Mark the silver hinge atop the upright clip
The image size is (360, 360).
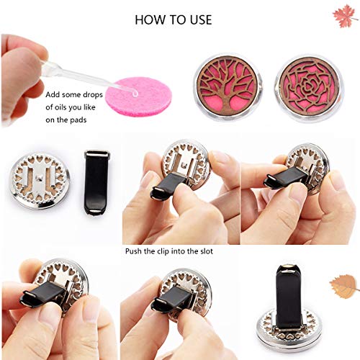click(x=286, y=267)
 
